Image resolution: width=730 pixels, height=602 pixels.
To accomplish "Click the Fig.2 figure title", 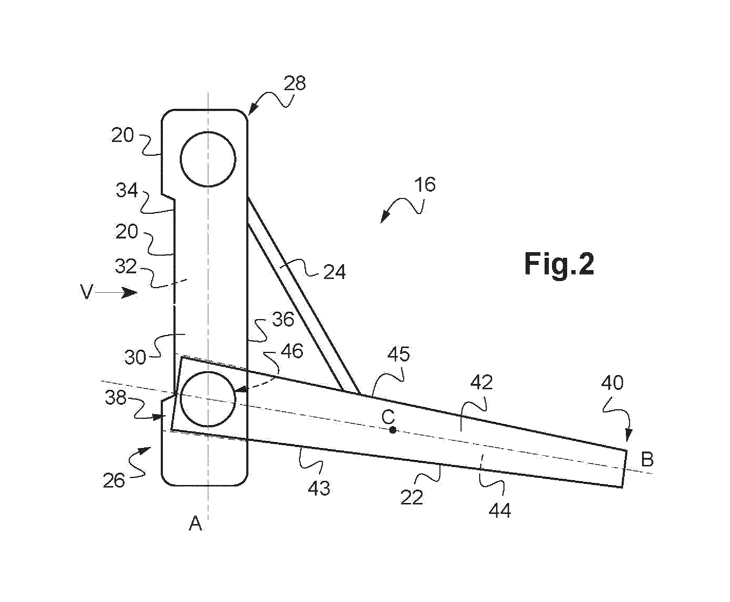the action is [x=559, y=264].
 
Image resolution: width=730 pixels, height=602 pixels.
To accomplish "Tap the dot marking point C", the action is [x=393, y=430].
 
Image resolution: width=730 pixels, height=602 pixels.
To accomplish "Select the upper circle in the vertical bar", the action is [x=208, y=159].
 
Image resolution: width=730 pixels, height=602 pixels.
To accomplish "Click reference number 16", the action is [x=425, y=184].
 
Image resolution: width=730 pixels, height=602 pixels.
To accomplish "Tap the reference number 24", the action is [x=334, y=272].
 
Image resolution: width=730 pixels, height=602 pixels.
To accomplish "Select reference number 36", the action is [x=283, y=320].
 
